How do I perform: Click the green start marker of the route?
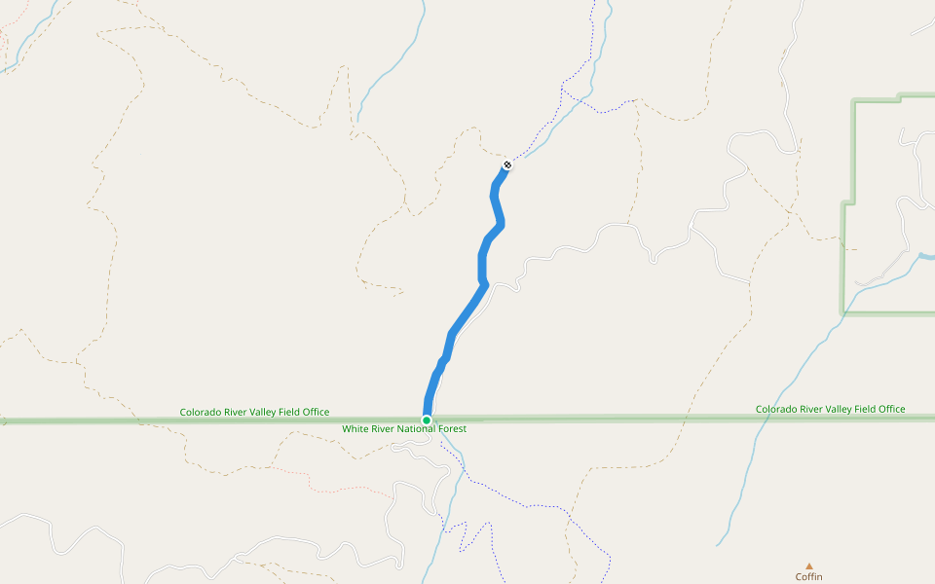427,420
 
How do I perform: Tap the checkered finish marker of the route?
507,164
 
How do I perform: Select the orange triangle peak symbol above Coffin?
808,566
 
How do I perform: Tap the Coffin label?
808,577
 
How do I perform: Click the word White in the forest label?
355,429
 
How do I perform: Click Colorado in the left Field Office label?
202,413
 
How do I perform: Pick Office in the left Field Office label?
314,413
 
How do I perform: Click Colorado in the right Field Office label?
777,410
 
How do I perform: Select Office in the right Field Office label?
890,410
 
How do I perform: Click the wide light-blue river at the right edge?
925,257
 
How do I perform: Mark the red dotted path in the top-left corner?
8,34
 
